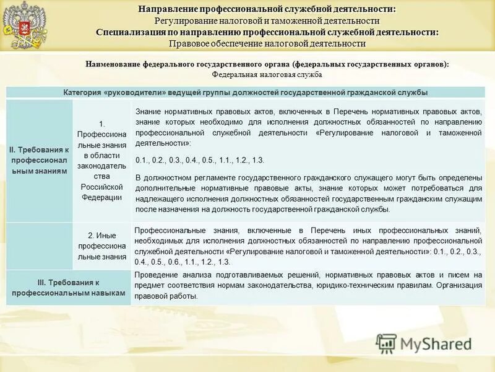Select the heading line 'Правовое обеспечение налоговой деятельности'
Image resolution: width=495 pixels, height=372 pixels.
pos(267,43)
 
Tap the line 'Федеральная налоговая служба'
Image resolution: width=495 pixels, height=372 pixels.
pos(267,74)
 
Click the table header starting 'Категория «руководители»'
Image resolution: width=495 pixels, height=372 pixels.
pos(246,92)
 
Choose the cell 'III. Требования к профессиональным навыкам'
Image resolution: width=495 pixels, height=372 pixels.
pos(68,287)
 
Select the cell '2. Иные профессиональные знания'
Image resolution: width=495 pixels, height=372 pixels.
pos(102,246)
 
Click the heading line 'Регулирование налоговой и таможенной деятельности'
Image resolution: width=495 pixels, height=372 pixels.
pos(267,21)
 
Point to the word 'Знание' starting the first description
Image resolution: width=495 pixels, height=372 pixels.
pos(147,110)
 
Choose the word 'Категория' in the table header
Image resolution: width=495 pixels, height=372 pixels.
pos(82,92)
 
